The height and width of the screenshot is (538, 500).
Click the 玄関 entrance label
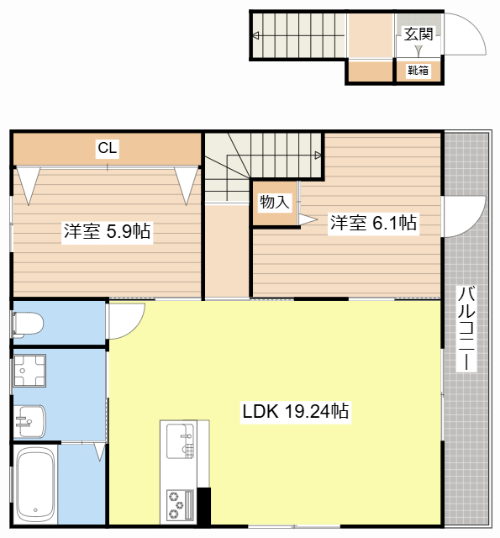[x=418, y=34]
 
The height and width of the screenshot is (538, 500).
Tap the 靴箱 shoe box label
[x=418, y=71]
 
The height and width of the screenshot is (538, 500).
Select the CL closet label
[x=108, y=148]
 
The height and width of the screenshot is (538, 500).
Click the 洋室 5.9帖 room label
[x=107, y=231]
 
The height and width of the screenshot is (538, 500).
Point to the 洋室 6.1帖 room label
[x=373, y=222]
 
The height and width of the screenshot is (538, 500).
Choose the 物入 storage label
[x=275, y=202]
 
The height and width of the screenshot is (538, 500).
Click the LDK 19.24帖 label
[x=296, y=411]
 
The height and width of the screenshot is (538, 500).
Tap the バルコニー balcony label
[x=466, y=329]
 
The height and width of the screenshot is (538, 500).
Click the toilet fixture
[x=28, y=324]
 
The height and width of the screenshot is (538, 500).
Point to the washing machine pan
[x=29, y=371]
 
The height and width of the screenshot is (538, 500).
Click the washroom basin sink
[x=30, y=421]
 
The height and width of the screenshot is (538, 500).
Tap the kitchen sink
[x=181, y=441]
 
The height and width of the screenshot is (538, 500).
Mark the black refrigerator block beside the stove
[x=203, y=506]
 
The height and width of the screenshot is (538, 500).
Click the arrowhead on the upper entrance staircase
[x=255, y=35]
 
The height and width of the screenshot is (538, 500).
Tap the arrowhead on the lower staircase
[x=318, y=155]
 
